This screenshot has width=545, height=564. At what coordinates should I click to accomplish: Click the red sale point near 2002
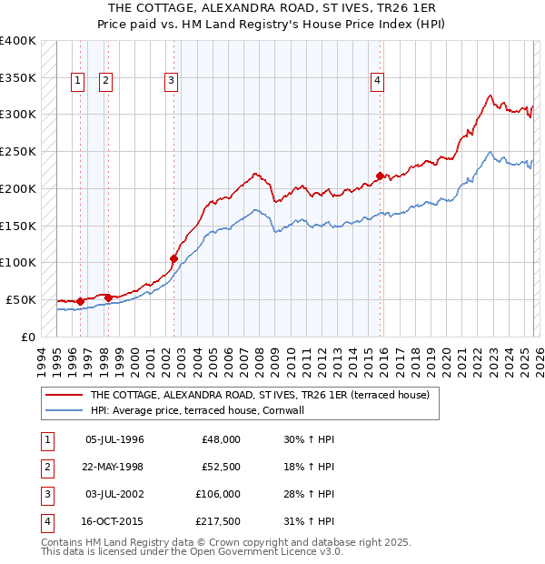173,258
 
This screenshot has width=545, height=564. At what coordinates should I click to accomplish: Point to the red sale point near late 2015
381,176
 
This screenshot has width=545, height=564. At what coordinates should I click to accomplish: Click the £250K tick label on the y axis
18,152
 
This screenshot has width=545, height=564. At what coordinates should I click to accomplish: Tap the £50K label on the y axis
22,299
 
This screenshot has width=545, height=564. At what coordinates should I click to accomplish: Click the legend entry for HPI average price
196,410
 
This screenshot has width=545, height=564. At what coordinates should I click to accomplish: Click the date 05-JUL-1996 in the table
114,439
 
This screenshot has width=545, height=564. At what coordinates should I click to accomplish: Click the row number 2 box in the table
46,467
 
